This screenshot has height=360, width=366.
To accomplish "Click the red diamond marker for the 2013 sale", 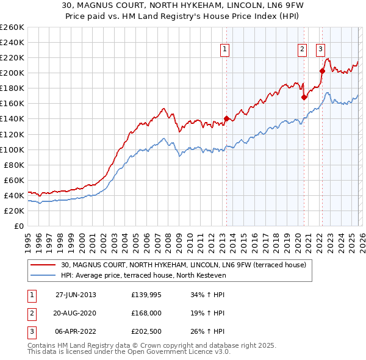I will [x=226, y=118].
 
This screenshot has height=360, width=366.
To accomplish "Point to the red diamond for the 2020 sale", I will [x=303, y=97].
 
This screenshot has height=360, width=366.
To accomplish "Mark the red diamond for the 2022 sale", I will [x=321, y=71].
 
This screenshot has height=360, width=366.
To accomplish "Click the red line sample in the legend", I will [x=43, y=264].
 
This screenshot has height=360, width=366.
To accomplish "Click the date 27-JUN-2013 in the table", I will [x=76, y=295].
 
